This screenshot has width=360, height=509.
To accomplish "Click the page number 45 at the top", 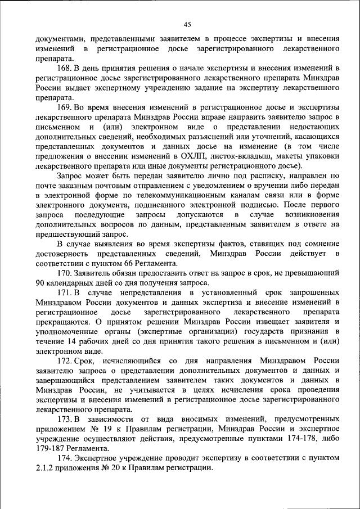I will point(187,24).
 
